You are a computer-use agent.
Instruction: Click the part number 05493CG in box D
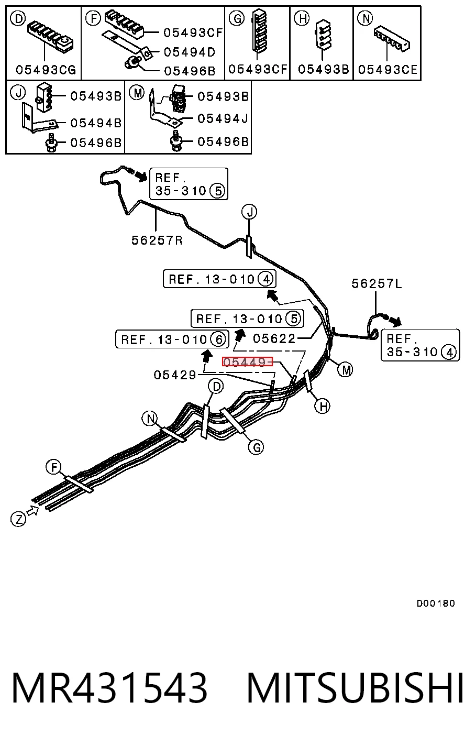tap(46, 70)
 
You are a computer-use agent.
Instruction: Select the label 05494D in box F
tap(190, 52)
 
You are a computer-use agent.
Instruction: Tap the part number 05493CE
tap(388, 70)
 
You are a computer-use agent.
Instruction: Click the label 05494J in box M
tap(223, 118)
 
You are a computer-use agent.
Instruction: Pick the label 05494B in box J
tap(96, 123)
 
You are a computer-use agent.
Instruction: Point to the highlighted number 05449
tap(247, 361)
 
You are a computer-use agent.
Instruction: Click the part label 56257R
tap(157, 240)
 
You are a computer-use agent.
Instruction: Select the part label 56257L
tap(377, 284)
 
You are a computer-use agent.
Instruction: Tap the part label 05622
tap(274, 339)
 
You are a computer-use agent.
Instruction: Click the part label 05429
tap(175, 375)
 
